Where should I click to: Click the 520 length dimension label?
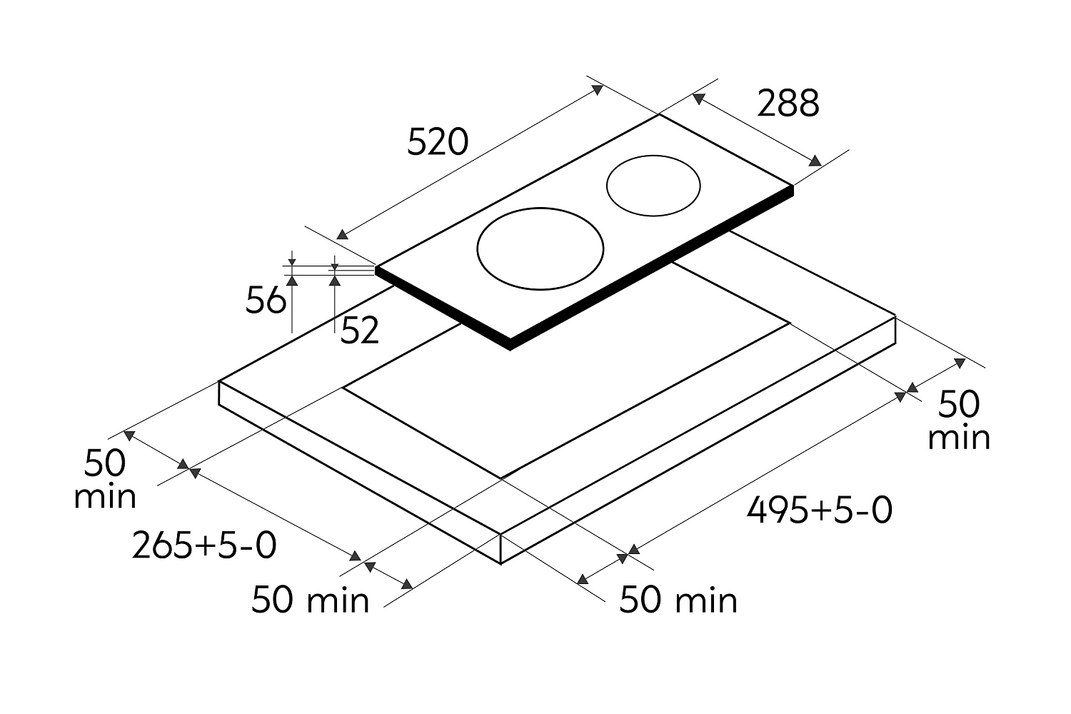click(438, 141)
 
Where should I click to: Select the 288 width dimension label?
click(788, 103)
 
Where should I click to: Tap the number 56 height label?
click(266, 300)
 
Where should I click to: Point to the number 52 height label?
click(360, 330)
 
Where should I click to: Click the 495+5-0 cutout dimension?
click(820, 510)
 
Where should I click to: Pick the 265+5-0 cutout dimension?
click(204, 545)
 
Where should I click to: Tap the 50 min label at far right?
click(959, 421)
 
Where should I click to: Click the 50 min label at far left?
click(105, 478)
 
